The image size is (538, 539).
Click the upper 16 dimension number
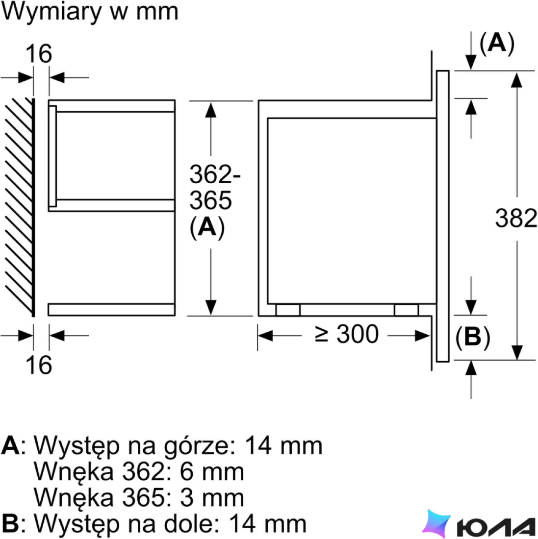39,53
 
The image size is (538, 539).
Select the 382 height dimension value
516,218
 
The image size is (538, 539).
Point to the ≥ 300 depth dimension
347,334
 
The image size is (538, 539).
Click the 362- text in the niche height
215,174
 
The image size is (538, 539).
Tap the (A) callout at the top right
497,43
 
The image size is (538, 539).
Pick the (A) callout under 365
207,227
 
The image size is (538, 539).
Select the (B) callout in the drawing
473,337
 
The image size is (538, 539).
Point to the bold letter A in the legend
10,446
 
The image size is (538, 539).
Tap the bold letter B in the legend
10,524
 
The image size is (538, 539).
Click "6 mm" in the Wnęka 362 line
211,471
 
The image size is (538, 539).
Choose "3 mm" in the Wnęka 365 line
211,498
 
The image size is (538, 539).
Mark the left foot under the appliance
288,310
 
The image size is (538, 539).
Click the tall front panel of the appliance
443,216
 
